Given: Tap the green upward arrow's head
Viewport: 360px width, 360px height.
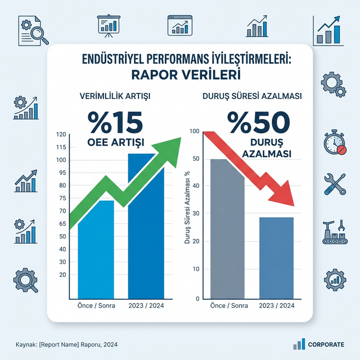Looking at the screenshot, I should pos(175,141).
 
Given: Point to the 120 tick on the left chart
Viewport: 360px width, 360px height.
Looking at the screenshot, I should pos(61,134).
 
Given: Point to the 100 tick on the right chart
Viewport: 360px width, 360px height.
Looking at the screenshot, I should pos(195,132).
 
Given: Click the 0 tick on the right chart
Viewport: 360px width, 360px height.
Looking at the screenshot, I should pos(198,298).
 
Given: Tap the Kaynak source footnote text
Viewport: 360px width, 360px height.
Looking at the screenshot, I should pos(66,344).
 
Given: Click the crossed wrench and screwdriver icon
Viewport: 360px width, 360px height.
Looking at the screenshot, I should pos(335,184).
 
